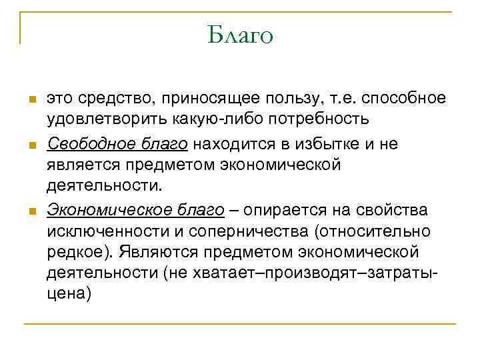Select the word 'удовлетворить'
(97, 121)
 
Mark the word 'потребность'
(306, 121)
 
